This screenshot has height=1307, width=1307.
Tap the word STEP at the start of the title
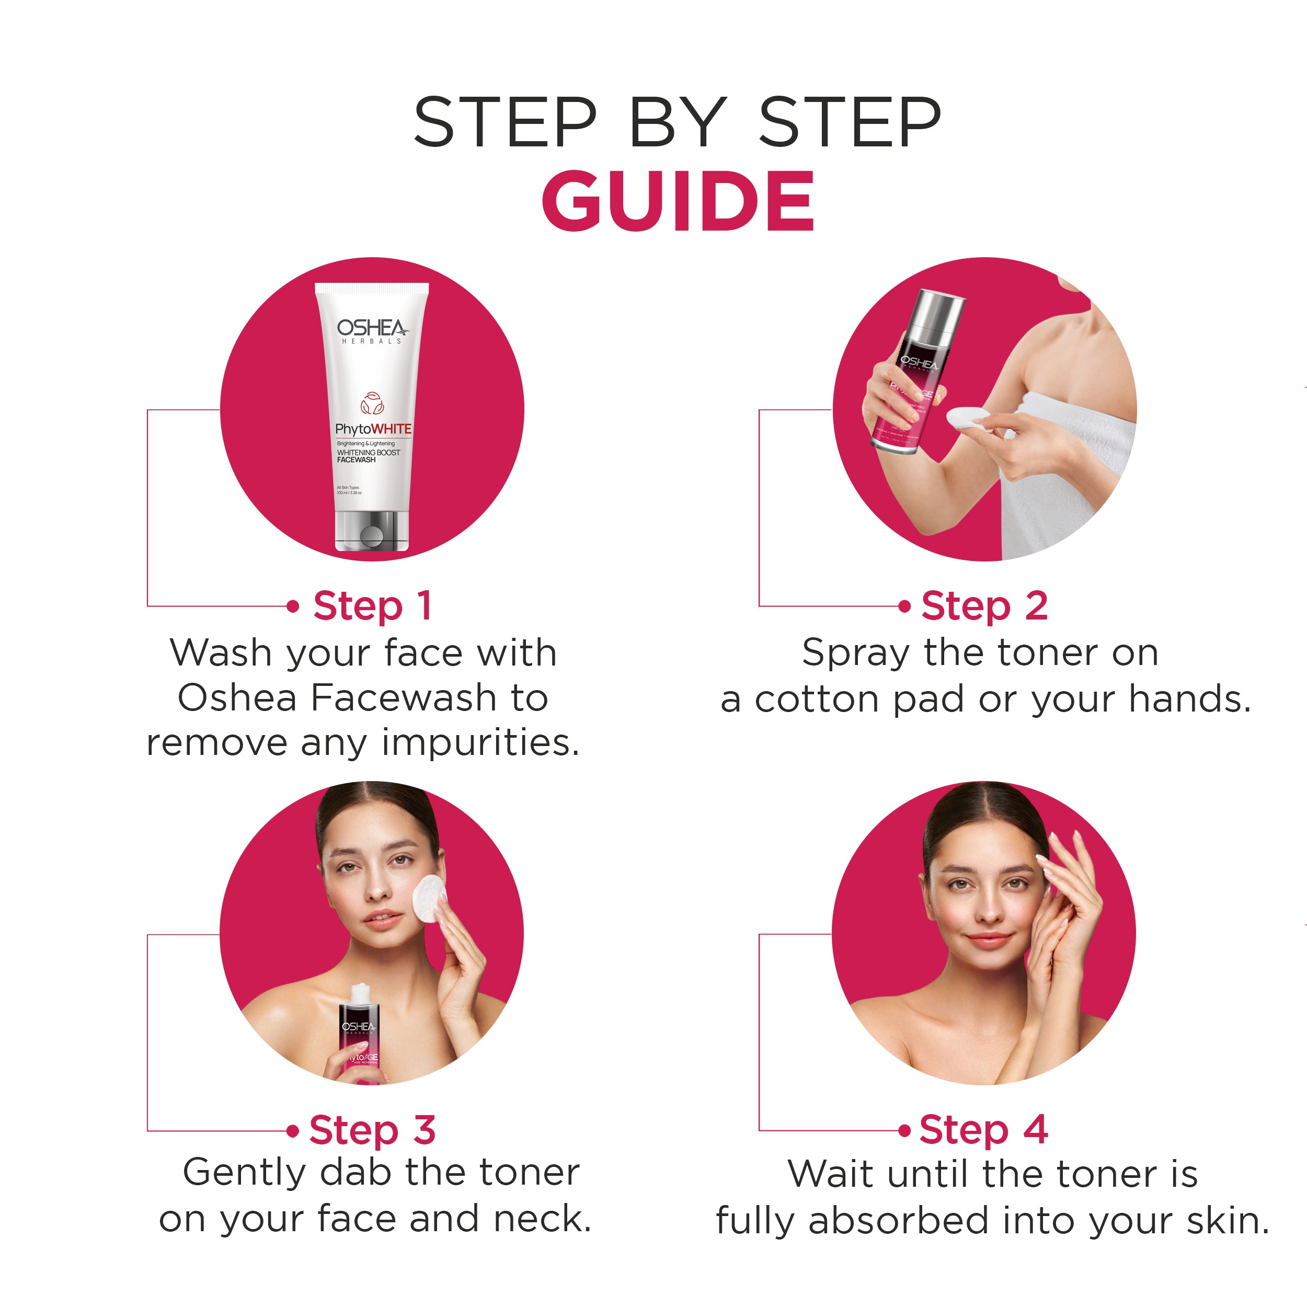coord(506,122)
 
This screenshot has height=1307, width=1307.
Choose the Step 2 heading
coord(984,605)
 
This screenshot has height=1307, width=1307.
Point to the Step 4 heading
coord(983,1130)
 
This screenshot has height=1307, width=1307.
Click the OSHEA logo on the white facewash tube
coord(371,329)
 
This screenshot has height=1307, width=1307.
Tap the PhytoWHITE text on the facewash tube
coord(373,429)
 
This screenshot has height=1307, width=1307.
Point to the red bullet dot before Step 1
coord(293,606)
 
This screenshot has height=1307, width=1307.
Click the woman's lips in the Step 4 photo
coord(989,941)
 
